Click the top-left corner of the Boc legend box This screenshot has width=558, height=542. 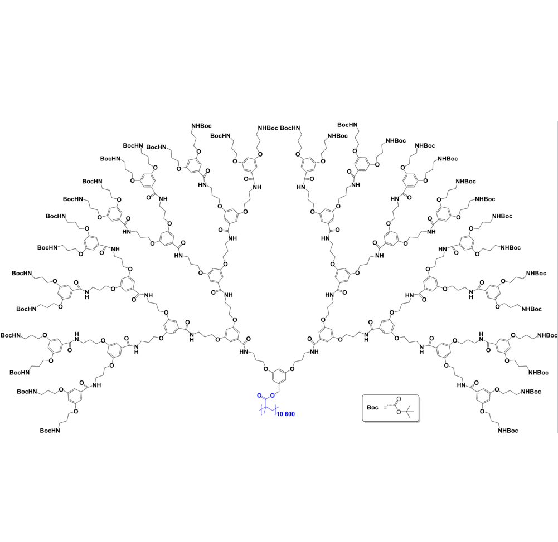[x=362, y=395]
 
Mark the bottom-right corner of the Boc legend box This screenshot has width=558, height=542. [x=419, y=422]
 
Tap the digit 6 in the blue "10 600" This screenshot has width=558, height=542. [x=287, y=414]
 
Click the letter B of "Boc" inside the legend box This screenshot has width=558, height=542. [x=369, y=408]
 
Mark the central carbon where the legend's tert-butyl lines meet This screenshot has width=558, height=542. [x=407, y=412]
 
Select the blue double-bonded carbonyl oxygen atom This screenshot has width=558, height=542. [x=259, y=395]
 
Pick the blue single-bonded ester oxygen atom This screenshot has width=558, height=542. [x=272, y=395]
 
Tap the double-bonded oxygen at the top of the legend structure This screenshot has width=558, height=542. [x=399, y=399]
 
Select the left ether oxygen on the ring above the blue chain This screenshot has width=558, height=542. [x=265, y=369]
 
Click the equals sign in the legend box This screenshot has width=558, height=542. [x=385, y=408]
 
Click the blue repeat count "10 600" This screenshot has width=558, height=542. [x=286, y=414]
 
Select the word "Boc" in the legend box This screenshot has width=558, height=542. [x=372, y=408]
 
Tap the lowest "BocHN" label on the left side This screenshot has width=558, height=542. [x=50, y=431]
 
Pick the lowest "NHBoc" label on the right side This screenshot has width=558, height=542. [x=508, y=431]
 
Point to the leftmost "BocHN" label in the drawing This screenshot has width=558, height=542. [x=11, y=335]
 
